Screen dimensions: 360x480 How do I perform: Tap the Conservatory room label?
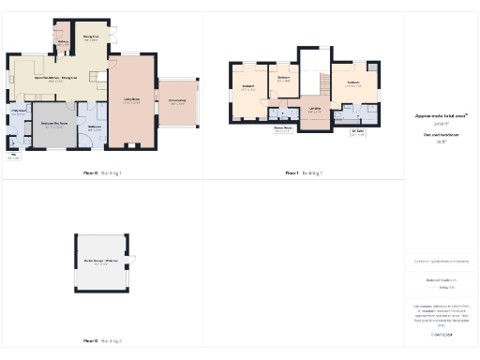pyautogui.click(x=177, y=102)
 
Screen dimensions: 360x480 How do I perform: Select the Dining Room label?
pyautogui.click(x=91, y=39)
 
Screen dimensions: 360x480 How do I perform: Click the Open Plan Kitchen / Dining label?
pyautogui.click(x=55, y=80)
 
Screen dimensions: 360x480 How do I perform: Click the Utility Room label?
pyautogui.click(x=18, y=113)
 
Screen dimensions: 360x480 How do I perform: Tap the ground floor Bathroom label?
pyautogui.click(x=94, y=128)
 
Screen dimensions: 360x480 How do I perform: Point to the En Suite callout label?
pyautogui.click(x=357, y=133)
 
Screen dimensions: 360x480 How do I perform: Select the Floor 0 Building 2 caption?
pyautogui.click(x=103, y=341)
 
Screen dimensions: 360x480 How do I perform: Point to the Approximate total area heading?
pyautogui.click(x=441, y=116)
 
